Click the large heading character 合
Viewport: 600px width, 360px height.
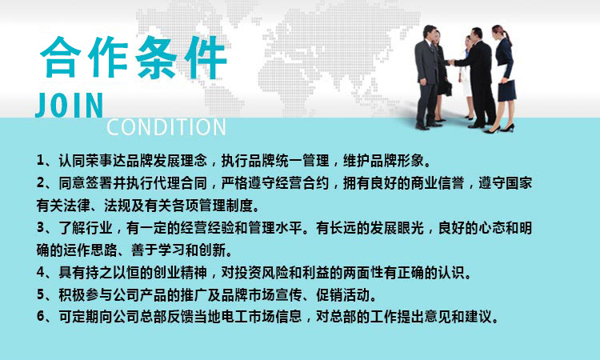point(62,58)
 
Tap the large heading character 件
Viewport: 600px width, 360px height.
point(206,58)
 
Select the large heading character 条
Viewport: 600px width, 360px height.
point(158,58)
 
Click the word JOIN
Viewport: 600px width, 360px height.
point(70,106)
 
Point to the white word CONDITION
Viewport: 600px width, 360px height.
point(166,127)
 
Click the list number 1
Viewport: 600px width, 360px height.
point(40,160)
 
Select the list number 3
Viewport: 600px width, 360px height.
point(41,228)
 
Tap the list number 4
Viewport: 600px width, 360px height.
point(41,273)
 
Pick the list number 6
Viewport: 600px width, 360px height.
point(41,317)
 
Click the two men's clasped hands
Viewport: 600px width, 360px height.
point(450,62)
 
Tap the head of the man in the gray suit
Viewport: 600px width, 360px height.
point(430,34)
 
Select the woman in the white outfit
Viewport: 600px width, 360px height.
point(467,77)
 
